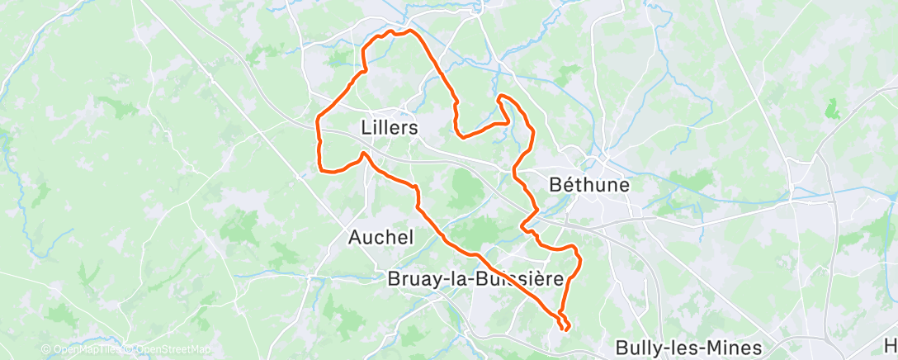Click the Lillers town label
tap(390, 128)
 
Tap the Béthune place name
tap(589, 184)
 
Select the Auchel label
tap(380, 237)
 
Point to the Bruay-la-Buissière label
tap(475, 279)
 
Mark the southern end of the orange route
tap(565, 330)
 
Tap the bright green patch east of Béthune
tap(832, 108)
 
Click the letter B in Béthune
tap(556, 184)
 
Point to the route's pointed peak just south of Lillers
tap(364, 153)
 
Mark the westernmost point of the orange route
tap(318, 124)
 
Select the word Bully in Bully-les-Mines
tap(640, 348)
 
